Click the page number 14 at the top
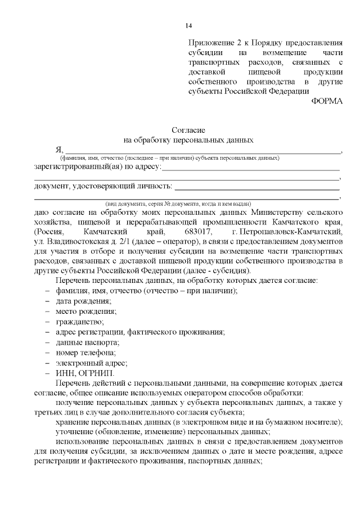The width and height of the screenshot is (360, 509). point(189,26)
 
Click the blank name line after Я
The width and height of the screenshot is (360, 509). point(202,151)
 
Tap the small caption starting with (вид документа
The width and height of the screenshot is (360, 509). point(178,203)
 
